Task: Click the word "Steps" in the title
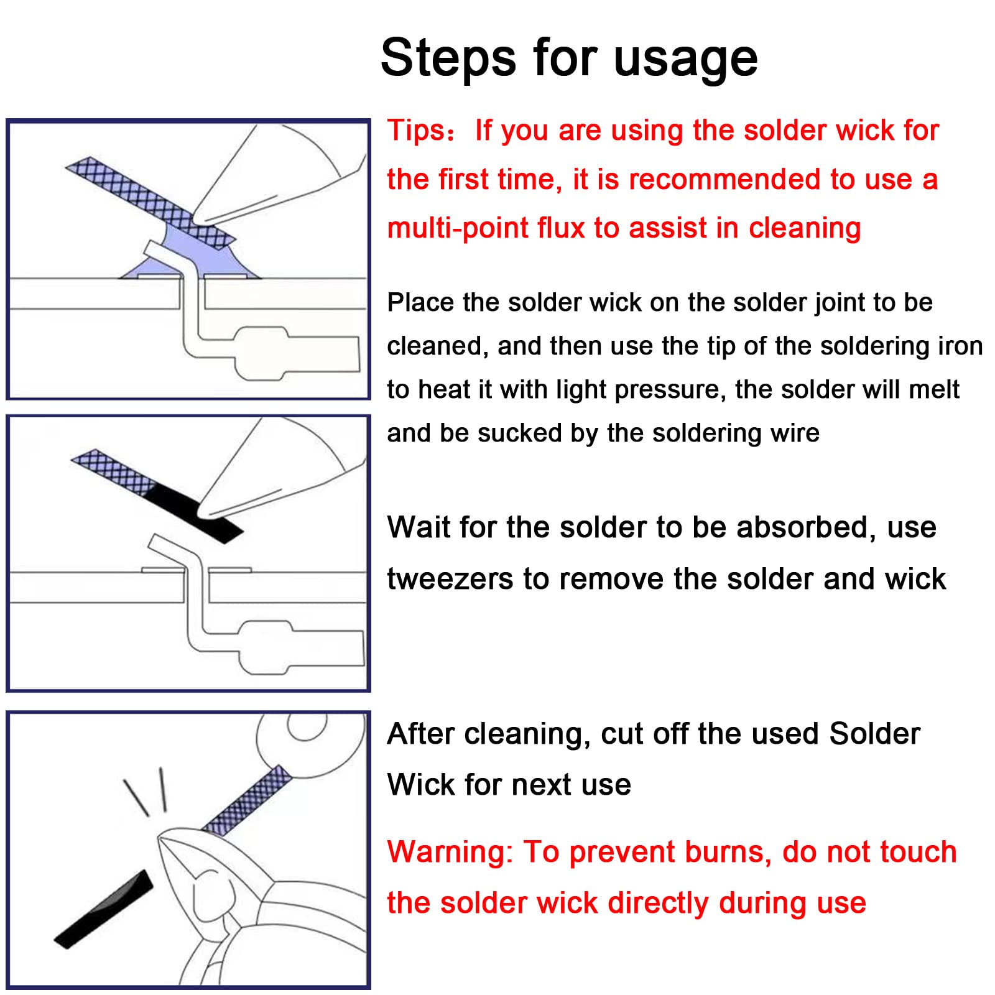(448, 58)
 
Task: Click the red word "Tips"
(415, 131)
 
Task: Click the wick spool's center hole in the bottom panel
(307, 726)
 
